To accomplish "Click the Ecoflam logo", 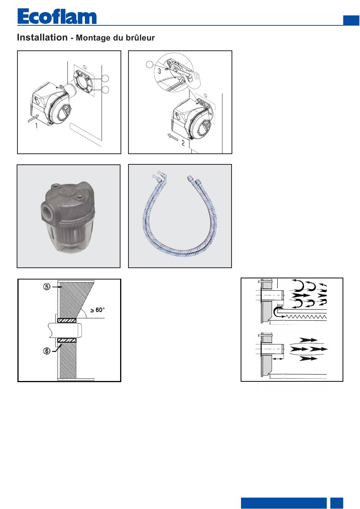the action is [57, 16].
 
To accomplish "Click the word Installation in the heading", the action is [42, 37].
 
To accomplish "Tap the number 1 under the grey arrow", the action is [36, 125].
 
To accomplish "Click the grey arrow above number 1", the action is [33, 119].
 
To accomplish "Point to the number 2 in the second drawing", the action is [183, 143].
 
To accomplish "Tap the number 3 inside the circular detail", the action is [160, 71].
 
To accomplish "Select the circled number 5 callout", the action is [47, 287].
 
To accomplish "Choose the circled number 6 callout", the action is [47, 351].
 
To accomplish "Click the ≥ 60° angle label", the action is [97, 310].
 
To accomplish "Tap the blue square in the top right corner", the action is [351, 20].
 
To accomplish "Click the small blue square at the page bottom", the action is [337, 503].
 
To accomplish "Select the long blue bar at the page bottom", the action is [284, 503].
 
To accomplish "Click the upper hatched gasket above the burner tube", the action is [67, 320].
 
